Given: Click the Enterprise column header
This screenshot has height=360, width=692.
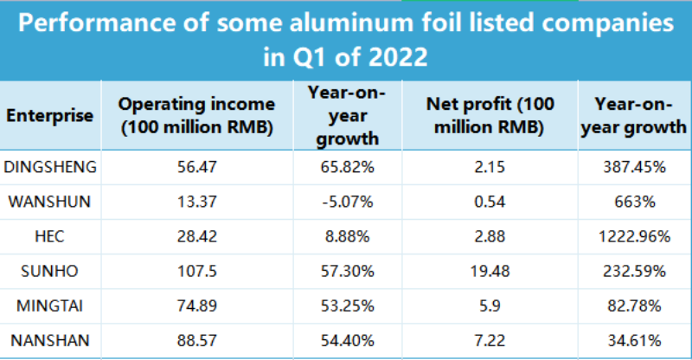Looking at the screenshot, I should (x=49, y=116).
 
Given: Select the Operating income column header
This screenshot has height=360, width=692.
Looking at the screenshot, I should (x=196, y=116).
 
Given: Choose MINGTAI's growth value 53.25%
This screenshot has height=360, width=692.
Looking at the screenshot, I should (x=345, y=306).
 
